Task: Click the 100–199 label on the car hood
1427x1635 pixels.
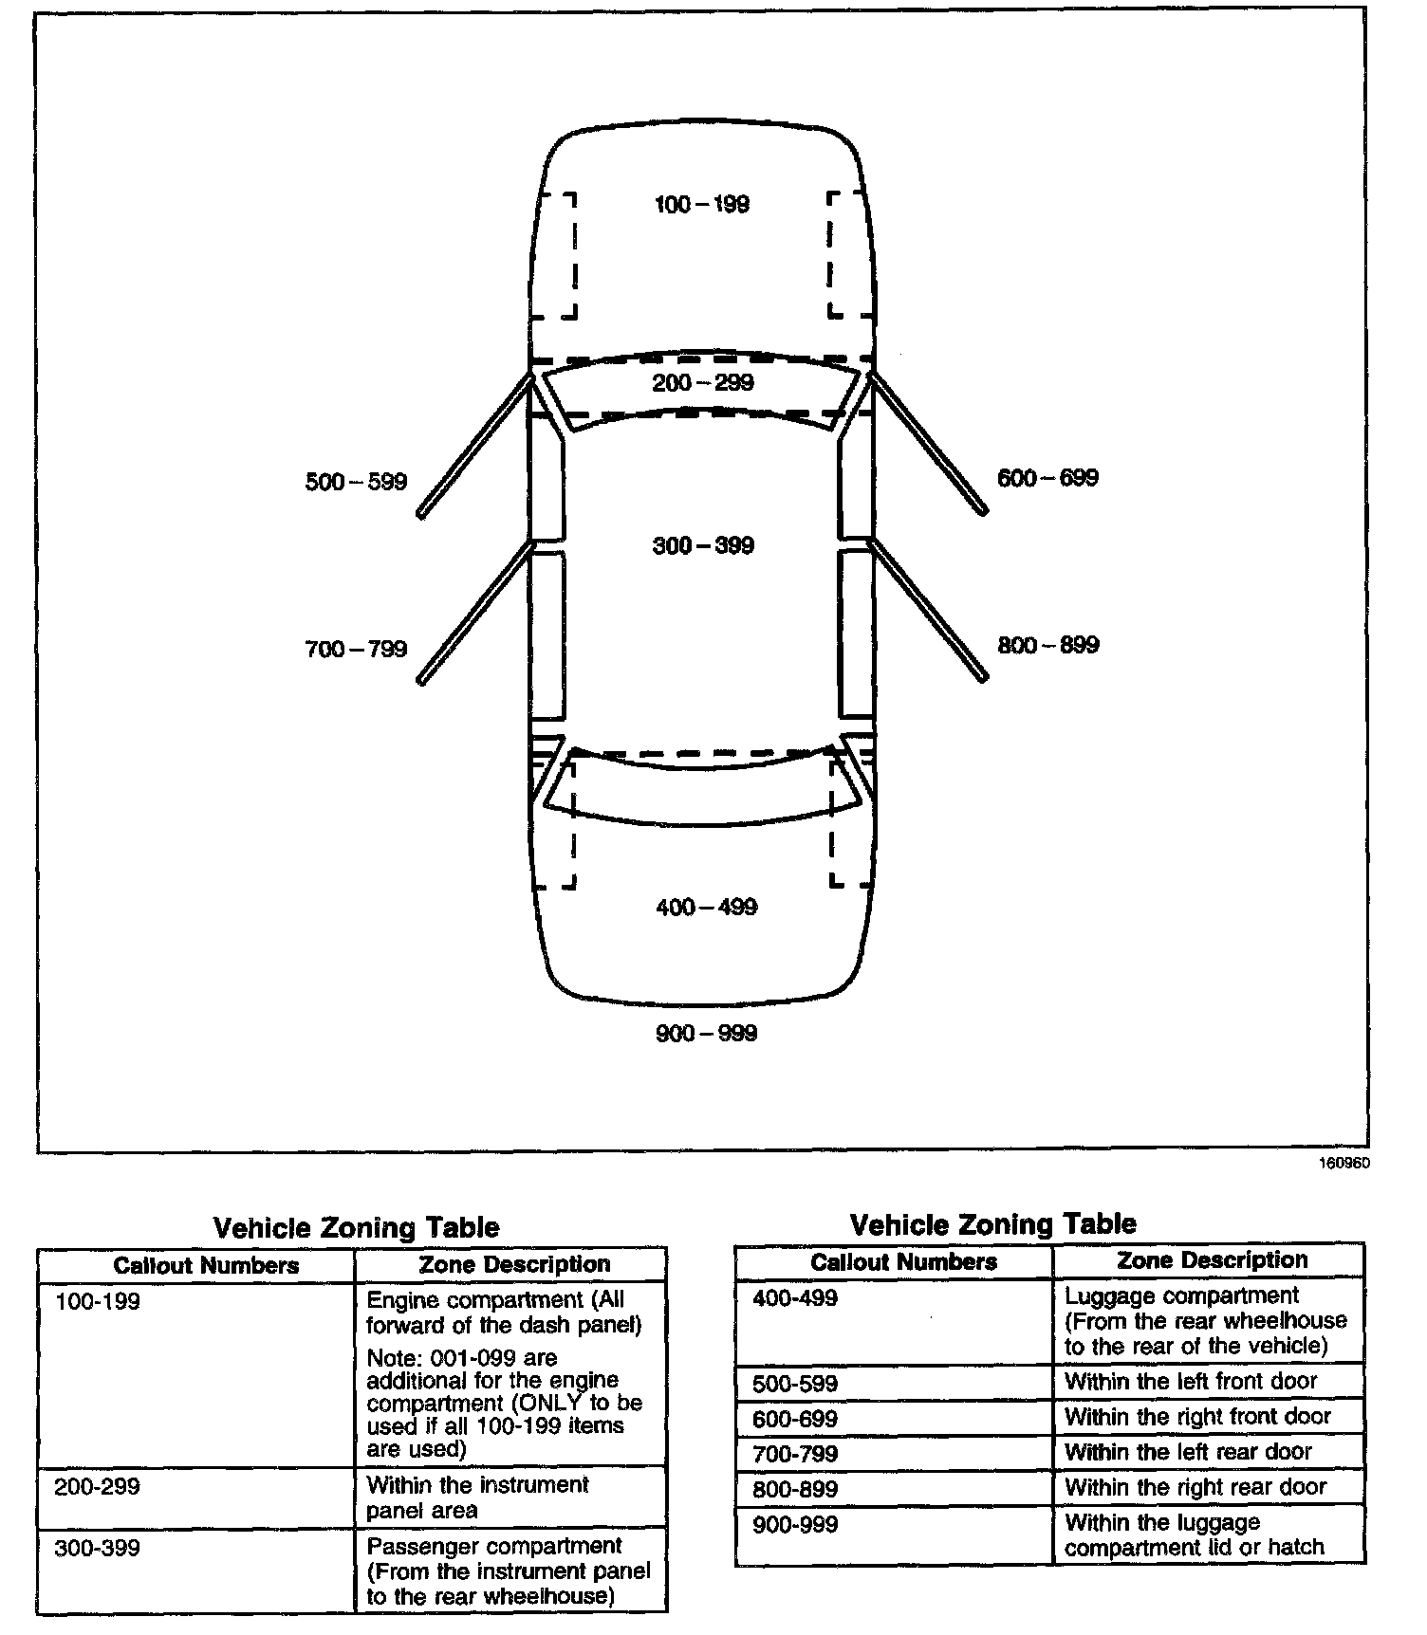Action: [x=702, y=204]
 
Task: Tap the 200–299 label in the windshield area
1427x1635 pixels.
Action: [x=703, y=382]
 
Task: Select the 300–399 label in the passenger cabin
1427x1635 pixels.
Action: [x=703, y=545]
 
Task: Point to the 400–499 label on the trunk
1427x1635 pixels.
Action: [x=707, y=908]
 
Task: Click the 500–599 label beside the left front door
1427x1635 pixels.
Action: [x=356, y=482]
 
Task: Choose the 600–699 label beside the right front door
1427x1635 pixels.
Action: [x=1047, y=478]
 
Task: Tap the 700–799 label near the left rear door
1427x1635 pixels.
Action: [x=356, y=650]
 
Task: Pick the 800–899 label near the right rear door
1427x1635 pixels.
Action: [x=1048, y=646]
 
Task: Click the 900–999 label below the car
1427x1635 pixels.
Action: [x=707, y=1033]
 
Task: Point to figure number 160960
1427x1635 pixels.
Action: [x=1344, y=1164]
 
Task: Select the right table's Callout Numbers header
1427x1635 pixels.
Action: [x=903, y=1261]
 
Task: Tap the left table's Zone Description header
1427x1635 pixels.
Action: [x=514, y=1264]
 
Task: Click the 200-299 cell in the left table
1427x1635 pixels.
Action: [x=97, y=1486]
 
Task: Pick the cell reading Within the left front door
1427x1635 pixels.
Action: [x=1191, y=1381]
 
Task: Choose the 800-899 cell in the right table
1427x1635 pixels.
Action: [x=795, y=1489]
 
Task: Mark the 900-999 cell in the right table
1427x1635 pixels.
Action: [x=795, y=1525]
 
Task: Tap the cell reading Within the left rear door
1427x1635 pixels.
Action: [x=1188, y=1452]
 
